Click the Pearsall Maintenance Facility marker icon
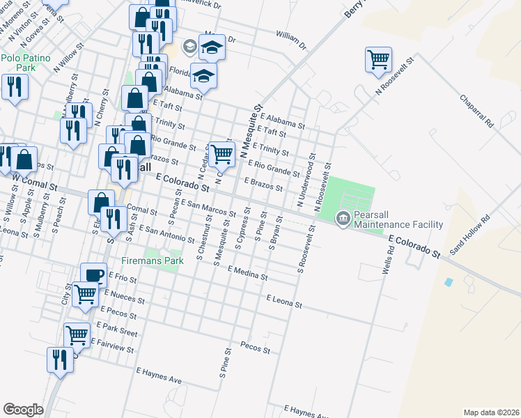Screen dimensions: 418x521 tap(343, 218)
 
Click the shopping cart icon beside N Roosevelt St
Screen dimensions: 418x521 tap(378, 59)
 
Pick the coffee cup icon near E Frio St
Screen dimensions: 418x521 tap(93, 275)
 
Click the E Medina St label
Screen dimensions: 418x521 tap(247, 272)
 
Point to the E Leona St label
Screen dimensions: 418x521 tap(284, 301)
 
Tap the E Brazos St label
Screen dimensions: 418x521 tap(263, 183)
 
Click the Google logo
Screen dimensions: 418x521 tap(23, 409)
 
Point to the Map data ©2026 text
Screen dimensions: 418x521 tap(490, 412)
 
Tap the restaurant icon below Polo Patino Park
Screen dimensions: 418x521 tap(14, 87)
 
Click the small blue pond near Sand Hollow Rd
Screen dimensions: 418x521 tap(448, 282)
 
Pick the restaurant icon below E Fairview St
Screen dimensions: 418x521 tap(59, 359)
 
